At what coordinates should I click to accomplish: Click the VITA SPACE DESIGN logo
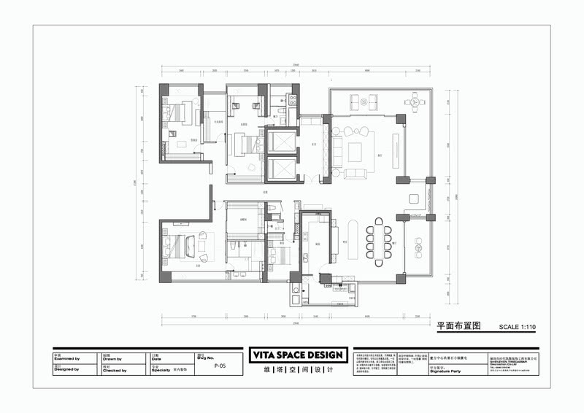tap(297, 355)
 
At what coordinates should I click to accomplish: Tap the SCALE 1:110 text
tap(516, 327)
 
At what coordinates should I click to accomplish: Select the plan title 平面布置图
tap(457, 326)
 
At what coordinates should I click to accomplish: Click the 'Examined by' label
tap(66, 359)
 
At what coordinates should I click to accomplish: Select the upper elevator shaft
tap(281, 141)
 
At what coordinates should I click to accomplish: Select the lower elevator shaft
tap(281, 169)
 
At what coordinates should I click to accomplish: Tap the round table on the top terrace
tap(415, 102)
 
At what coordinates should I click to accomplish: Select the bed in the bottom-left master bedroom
tap(177, 245)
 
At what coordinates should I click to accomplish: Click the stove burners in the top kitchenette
tap(293, 98)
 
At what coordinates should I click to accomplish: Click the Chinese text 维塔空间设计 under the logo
tap(297, 370)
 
